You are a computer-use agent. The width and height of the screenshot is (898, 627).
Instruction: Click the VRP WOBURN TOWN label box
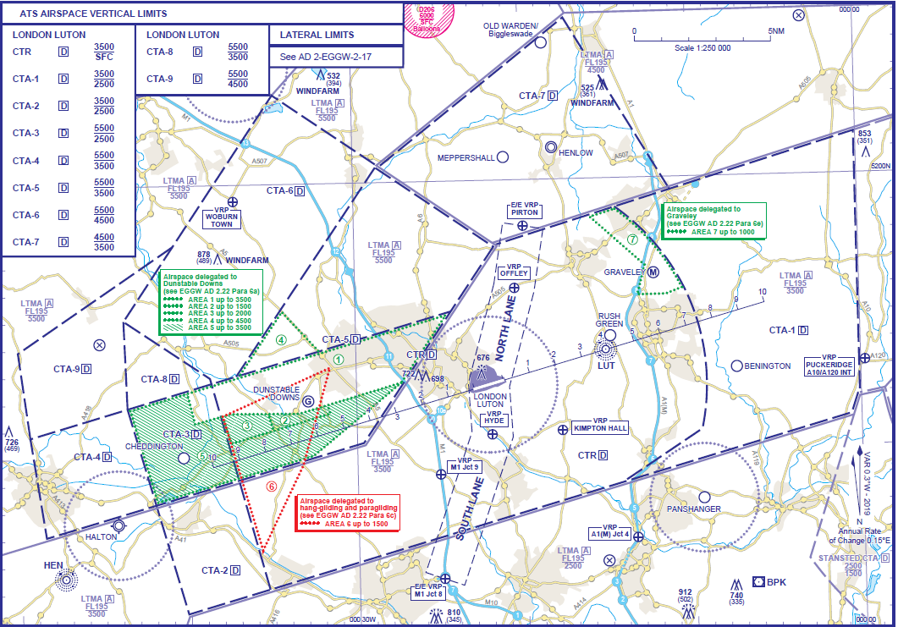click(x=222, y=220)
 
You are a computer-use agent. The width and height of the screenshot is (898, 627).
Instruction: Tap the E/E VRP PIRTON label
click(x=525, y=209)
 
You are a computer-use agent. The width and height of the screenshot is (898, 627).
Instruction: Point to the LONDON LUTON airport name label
click(x=490, y=400)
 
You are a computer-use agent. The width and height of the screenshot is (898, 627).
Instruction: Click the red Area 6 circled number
click(x=271, y=487)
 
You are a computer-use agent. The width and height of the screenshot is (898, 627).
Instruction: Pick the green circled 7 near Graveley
click(x=632, y=239)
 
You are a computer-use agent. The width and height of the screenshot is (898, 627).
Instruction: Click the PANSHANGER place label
click(x=693, y=509)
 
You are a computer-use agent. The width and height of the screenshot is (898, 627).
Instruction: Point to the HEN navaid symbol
click(x=66, y=580)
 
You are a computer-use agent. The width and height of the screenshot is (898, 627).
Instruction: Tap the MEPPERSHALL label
click(x=466, y=157)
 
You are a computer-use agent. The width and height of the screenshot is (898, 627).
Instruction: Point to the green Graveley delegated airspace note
click(x=714, y=219)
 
